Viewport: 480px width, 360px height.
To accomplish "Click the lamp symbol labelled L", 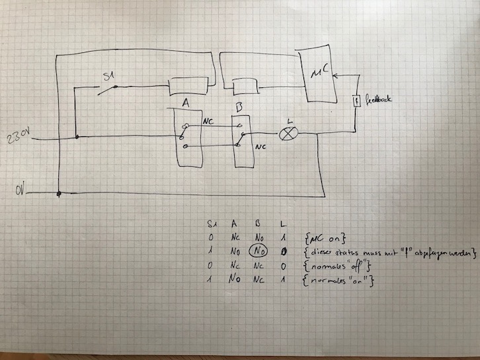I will point(288,133).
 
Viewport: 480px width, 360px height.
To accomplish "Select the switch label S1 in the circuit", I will point(108,77).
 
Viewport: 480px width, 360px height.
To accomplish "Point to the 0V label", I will point(22,192).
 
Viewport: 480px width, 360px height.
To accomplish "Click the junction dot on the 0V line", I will point(60,194).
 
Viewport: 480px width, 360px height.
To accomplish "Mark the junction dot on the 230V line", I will point(77,137).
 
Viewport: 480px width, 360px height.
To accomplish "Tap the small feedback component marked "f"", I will point(356,101).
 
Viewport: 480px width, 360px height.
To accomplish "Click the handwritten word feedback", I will point(378,99).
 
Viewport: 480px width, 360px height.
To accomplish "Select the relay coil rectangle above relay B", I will point(245,87).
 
